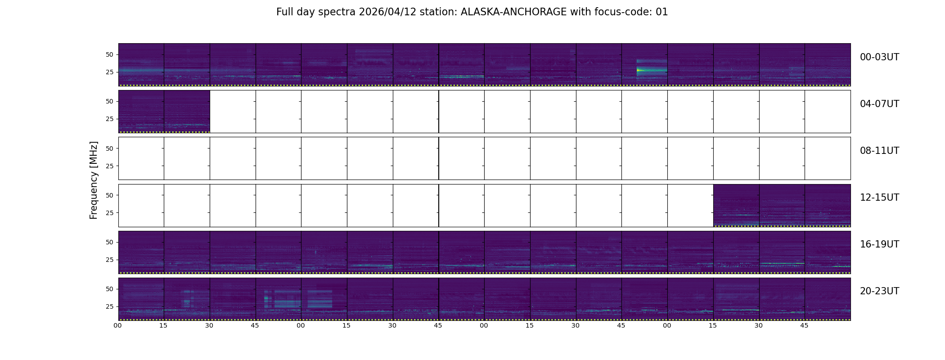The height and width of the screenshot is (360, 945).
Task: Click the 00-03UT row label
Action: coord(879,57)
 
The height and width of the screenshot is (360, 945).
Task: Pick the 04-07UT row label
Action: coord(879,104)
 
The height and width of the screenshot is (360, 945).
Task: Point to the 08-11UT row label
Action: coord(879,151)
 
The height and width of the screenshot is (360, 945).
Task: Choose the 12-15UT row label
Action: coord(879,198)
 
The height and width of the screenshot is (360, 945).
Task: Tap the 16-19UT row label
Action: coord(879,244)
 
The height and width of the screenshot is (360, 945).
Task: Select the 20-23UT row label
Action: coord(879,291)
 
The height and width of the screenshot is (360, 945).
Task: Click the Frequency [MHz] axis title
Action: coord(94,180)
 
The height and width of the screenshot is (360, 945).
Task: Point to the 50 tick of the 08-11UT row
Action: coord(109,148)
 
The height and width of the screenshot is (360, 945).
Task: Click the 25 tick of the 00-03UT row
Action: coord(109,72)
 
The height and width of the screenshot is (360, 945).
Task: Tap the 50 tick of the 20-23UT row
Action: coord(109,289)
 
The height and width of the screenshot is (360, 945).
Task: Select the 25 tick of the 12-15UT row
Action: coord(109,213)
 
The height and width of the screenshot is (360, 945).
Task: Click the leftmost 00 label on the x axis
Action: coord(117,325)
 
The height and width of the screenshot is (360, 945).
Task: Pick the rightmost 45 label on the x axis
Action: coord(804,325)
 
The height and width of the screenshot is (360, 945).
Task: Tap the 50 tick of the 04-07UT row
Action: coord(109,102)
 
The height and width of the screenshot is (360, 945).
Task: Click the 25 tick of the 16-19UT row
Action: coord(109,260)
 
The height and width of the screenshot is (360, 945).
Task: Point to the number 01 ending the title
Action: coord(662,12)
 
